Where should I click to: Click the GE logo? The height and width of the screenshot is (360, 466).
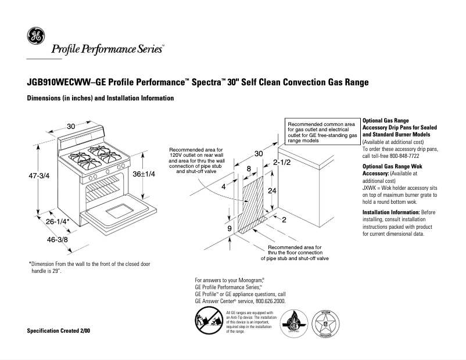pos(35,37)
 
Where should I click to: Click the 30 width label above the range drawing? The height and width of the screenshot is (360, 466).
pos(71,127)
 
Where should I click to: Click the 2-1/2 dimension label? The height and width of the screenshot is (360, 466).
pos(282,162)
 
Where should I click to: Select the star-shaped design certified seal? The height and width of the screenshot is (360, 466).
pos(327,322)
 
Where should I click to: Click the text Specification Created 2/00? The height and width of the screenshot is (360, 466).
pos(59,330)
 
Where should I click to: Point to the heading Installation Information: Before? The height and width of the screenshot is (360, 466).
pos(399,213)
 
